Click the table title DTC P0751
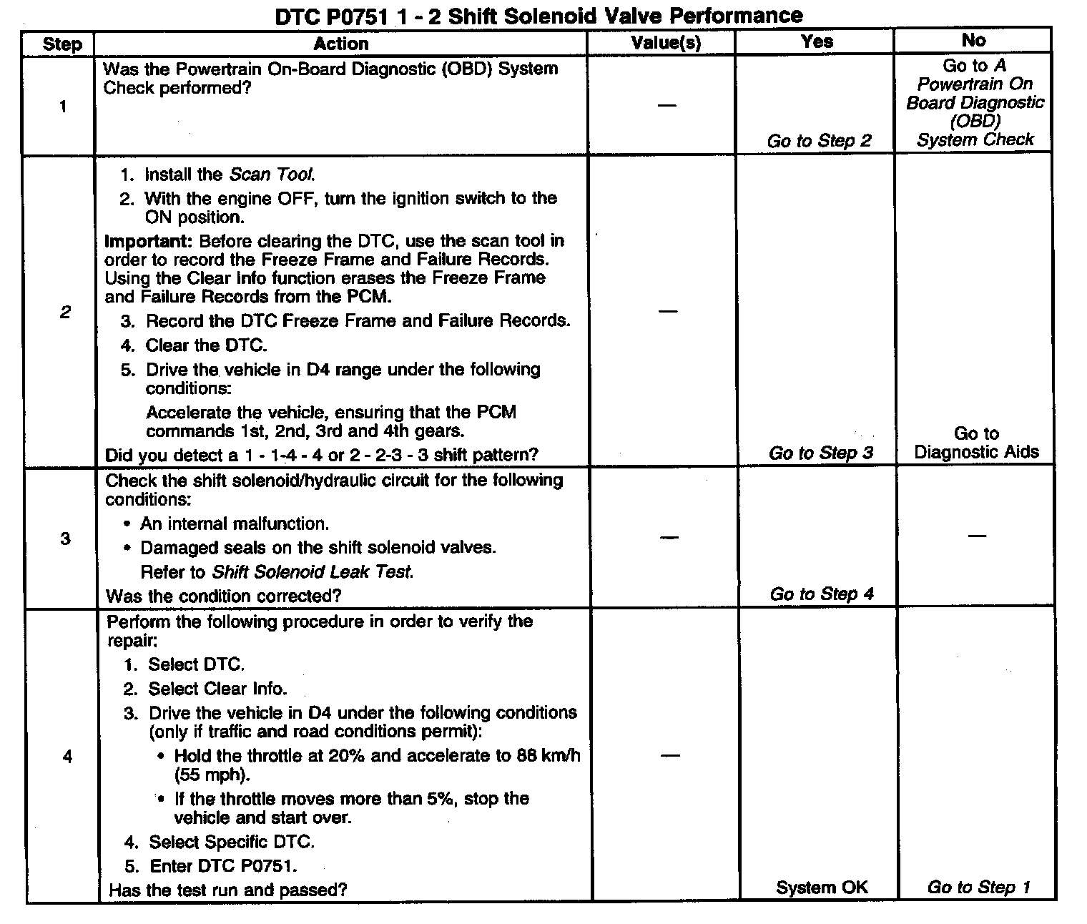tap(538, 16)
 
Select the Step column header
tap(62, 44)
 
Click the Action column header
tap(341, 44)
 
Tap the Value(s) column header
tap(666, 43)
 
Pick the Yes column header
tap(817, 41)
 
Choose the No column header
tap(973, 40)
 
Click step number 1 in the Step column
tap(63, 107)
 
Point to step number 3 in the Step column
tap(65, 539)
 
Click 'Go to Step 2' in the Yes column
tap(820, 141)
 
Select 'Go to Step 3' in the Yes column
tap(821, 453)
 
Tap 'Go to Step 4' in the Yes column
tap(822, 594)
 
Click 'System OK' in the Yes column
tap(822, 888)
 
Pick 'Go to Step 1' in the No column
tap(978, 888)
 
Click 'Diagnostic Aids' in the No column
tap(976, 452)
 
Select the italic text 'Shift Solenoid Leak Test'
tap(313, 572)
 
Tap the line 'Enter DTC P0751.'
tap(222, 866)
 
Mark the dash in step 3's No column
tap(976, 536)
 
